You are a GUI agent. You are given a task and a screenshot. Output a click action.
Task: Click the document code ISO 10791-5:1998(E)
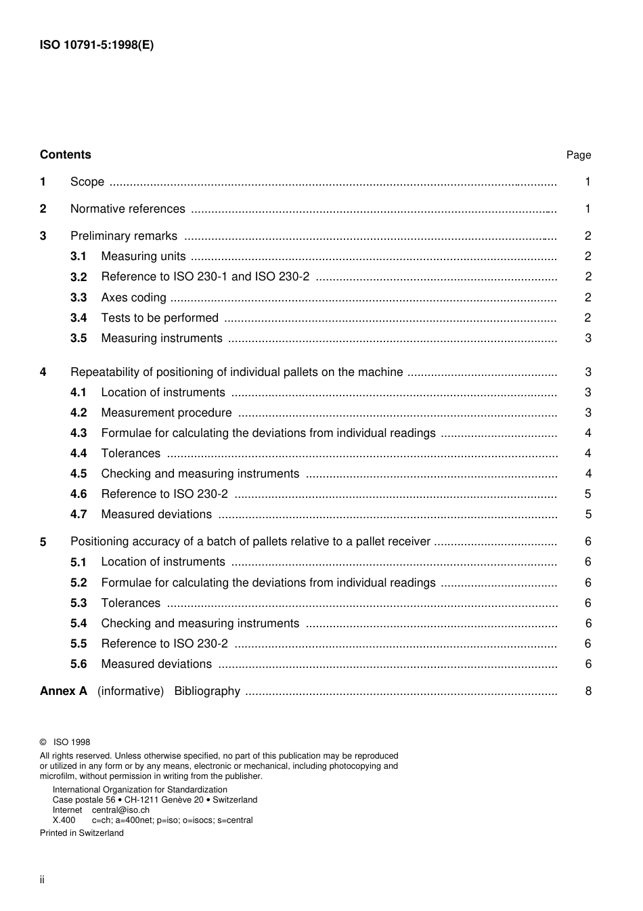point(97,45)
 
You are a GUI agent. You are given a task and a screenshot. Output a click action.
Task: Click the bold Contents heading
point(65,154)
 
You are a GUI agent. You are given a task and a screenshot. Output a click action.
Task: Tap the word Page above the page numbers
point(578,155)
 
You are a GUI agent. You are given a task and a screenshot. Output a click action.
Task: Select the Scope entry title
point(87,182)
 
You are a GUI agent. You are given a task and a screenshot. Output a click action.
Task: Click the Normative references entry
point(127,209)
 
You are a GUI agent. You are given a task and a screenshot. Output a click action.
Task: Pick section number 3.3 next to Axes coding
point(79,297)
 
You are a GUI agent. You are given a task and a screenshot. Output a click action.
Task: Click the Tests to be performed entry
point(160,318)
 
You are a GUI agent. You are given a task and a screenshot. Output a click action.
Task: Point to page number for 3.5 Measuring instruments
point(587,338)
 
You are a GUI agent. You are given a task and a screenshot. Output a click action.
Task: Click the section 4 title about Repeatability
point(236,372)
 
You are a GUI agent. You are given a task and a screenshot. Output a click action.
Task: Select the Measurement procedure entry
point(166,412)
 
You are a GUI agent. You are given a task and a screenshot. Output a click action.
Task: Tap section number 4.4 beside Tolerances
point(79,453)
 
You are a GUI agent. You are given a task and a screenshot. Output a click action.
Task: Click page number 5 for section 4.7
point(587,514)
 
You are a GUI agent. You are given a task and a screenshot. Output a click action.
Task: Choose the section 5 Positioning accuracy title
point(250,541)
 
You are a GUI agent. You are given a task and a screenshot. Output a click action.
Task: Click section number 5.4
point(79,623)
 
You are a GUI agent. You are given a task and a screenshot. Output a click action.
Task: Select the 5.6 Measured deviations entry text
point(156,664)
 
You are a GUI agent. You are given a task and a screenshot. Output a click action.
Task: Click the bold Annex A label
point(64,691)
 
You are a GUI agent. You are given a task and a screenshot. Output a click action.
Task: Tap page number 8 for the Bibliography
point(587,691)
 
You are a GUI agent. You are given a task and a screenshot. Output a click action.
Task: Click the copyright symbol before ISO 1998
point(43,742)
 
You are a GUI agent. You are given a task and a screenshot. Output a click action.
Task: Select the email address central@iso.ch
point(120,809)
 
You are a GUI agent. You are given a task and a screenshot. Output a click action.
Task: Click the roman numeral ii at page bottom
point(42,879)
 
